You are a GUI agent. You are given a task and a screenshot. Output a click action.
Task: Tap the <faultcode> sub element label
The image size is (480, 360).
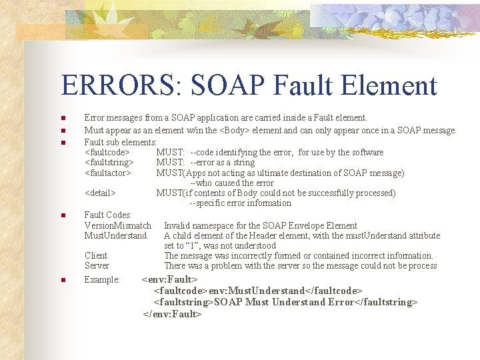tap(107, 152)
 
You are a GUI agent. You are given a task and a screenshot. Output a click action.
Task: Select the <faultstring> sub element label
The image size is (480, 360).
tap(109, 162)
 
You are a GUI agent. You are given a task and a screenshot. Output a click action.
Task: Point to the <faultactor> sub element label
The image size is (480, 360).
tap(108, 173)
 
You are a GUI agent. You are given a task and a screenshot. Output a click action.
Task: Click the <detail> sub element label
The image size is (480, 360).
tap(101, 193)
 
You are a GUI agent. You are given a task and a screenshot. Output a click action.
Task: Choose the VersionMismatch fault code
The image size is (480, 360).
tap(118, 225)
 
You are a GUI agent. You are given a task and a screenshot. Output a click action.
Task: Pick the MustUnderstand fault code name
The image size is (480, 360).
tap(115, 235)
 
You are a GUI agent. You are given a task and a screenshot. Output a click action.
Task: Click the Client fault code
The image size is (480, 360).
tap(96, 255)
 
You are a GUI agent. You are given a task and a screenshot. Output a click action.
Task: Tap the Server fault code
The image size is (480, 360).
tap(97, 265)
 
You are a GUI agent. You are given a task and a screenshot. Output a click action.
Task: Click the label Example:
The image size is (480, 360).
tap(102, 279)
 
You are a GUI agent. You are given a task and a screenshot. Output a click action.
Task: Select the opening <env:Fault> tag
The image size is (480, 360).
tap(171, 279)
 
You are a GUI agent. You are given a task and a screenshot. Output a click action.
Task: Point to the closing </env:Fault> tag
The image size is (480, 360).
tap(172, 313)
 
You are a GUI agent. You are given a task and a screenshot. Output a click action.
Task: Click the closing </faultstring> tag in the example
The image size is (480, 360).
tap(387, 302)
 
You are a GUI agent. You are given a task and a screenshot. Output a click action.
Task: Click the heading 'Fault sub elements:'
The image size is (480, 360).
tap(121, 142)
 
